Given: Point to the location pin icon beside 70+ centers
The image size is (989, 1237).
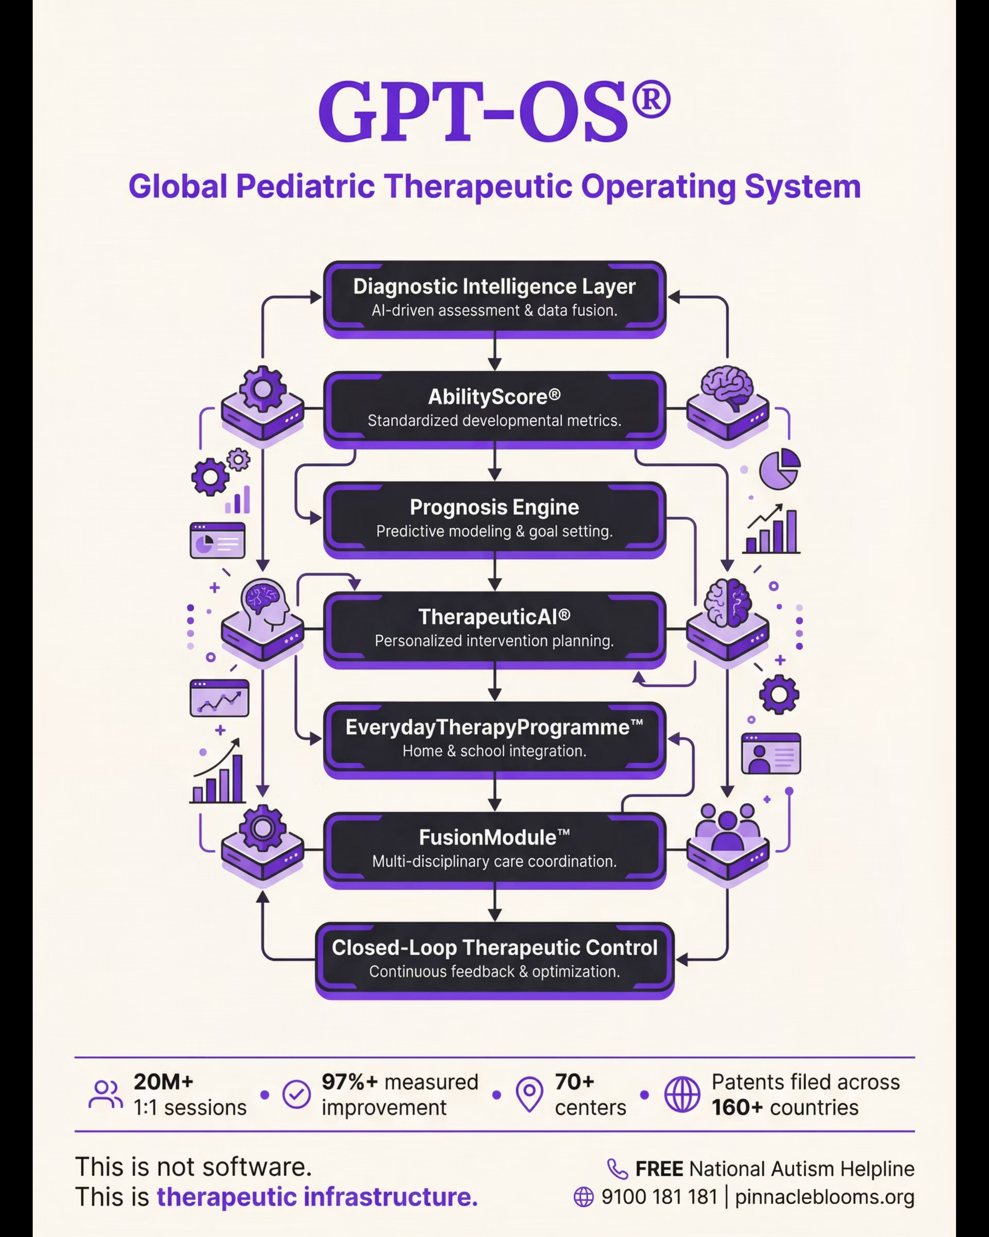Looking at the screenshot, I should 529,1094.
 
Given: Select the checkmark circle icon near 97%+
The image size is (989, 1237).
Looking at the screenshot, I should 296,1094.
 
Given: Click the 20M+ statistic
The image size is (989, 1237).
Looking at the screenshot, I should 164,1082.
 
